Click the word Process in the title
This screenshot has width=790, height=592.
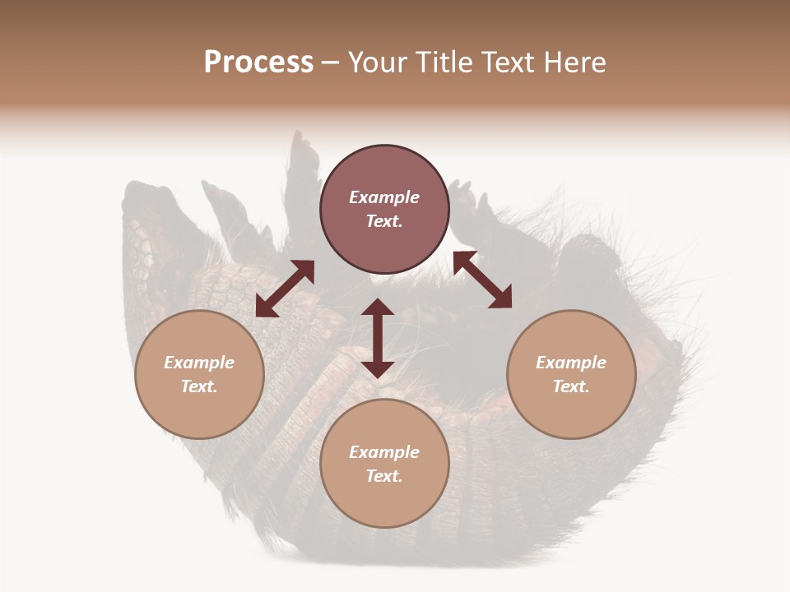pyautogui.click(x=258, y=62)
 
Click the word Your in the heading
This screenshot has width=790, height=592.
pyautogui.click(x=376, y=62)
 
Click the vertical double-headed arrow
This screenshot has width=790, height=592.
pyautogui.click(x=378, y=338)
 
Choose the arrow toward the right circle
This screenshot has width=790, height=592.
pyautogui.click(x=482, y=280)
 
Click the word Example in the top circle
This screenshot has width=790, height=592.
pyautogui.click(x=384, y=197)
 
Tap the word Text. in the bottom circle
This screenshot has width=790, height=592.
pyautogui.click(x=384, y=476)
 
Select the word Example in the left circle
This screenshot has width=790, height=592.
pyautogui.click(x=199, y=363)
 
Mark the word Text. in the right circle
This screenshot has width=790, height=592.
pyautogui.click(x=571, y=386)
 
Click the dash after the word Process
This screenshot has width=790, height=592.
pyautogui.click(x=330, y=63)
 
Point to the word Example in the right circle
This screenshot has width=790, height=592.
pyautogui.click(x=571, y=363)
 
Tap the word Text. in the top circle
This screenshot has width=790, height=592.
pyautogui.click(x=384, y=221)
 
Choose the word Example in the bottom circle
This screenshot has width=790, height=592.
pyautogui.click(x=384, y=452)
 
